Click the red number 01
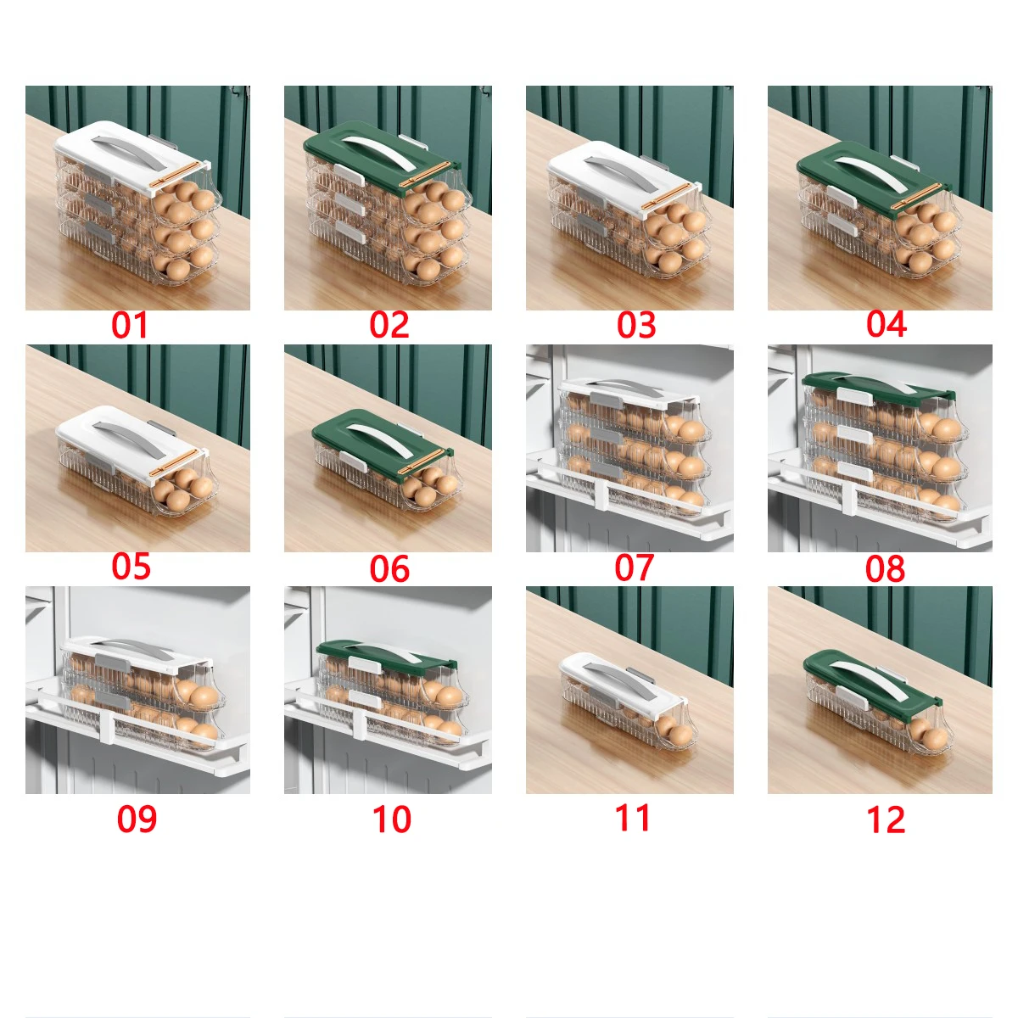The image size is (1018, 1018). click(x=130, y=325)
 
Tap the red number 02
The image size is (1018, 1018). click(x=389, y=325)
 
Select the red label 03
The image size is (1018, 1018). click(x=636, y=325)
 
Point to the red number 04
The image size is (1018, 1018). click(x=887, y=324)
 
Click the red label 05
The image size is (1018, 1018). click(x=131, y=567)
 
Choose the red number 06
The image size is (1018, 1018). click(x=389, y=569)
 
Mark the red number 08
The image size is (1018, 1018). click(x=885, y=569)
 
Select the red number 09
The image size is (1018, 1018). click(x=137, y=819)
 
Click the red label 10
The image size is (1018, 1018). click(x=391, y=819)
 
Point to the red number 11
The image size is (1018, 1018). click(x=633, y=818)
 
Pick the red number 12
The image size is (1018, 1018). click(x=886, y=820)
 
